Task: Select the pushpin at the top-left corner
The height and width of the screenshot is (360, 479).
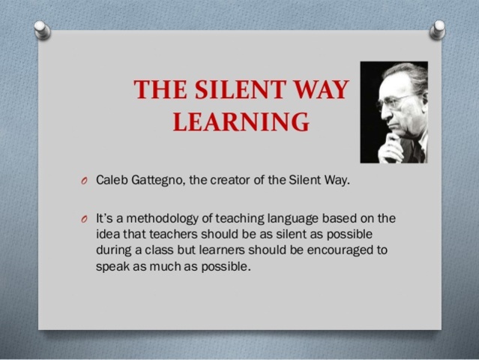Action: click(43, 29)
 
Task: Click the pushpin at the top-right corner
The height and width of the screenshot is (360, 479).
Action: click(436, 29)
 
